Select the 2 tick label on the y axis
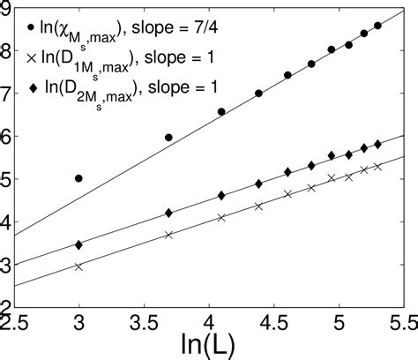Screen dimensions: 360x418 point(7,305)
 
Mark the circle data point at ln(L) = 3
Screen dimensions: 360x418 point(79,178)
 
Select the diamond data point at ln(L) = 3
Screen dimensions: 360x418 point(79,244)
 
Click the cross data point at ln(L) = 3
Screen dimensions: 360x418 point(79,266)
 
